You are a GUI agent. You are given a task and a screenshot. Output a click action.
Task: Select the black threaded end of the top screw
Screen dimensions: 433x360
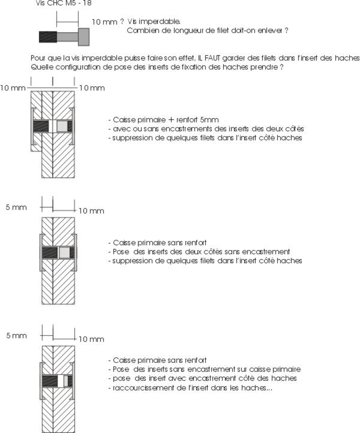[47, 37]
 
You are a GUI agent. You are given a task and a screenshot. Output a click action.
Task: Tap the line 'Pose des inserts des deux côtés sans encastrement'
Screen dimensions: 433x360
[199, 251]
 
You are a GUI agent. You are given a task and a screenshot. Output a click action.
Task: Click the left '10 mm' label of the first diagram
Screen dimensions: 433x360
[13, 88]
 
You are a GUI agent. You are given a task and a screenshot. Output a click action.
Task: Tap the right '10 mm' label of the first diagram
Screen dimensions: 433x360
[92, 88]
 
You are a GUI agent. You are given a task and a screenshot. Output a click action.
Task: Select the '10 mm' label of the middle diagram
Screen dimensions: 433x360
[92, 211]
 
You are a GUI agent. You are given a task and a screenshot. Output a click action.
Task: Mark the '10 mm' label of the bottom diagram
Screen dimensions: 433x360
[92, 339]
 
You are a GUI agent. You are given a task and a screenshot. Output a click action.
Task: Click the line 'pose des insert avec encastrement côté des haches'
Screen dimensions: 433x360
[200, 378]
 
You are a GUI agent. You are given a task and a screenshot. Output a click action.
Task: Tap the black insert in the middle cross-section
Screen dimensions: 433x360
[50, 252]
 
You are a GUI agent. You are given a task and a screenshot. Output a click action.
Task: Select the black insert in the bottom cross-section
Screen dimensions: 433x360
[52, 380]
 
